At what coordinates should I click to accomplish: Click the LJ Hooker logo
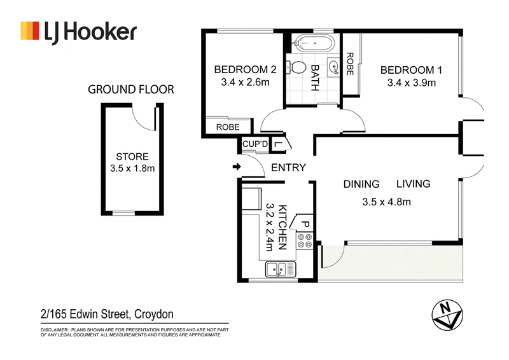tap(78, 32)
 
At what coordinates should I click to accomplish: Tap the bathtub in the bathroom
tap(314, 43)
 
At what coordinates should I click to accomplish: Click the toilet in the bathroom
tap(296, 68)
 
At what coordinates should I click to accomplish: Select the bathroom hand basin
tap(333, 67)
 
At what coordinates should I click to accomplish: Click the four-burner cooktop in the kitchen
tap(305, 241)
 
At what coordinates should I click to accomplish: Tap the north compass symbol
tap(447, 315)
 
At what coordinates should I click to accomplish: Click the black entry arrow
tap(237, 167)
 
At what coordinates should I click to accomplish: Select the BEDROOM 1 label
tap(411, 70)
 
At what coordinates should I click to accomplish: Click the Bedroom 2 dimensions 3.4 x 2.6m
tap(245, 82)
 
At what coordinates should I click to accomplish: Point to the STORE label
tap(132, 156)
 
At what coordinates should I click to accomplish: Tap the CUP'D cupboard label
tap(256, 144)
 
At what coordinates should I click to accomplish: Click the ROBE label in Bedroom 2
tap(228, 127)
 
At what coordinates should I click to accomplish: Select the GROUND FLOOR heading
tap(131, 89)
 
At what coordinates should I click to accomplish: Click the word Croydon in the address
tap(154, 314)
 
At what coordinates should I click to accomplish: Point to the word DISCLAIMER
tap(55, 330)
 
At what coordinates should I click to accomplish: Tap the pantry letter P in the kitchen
tap(305, 224)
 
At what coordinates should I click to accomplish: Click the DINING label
tap(361, 184)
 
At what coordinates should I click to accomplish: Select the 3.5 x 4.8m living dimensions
tap(387, 202)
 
